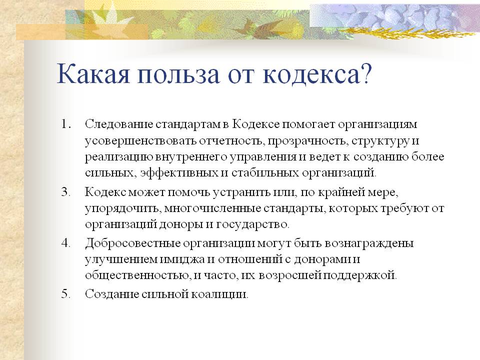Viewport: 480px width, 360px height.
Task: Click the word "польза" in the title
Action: tap(178, 74)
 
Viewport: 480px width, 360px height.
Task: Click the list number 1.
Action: tap(66, 124)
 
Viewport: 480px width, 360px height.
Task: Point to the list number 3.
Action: tap(66, 192)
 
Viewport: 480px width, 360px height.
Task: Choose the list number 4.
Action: tap(66, 243)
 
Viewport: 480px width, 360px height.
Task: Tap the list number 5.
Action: tap(66, 294)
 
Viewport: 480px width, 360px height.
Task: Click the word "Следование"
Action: tap(119, 124)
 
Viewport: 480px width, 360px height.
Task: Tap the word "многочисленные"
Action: tap(212, 208)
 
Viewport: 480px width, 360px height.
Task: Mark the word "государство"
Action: tap(252, 225)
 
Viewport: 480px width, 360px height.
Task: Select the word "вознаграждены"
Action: tap(369, 243)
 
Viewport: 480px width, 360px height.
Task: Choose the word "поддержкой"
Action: tap(360, 275)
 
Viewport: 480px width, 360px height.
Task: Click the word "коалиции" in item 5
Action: tap(219, 294)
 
